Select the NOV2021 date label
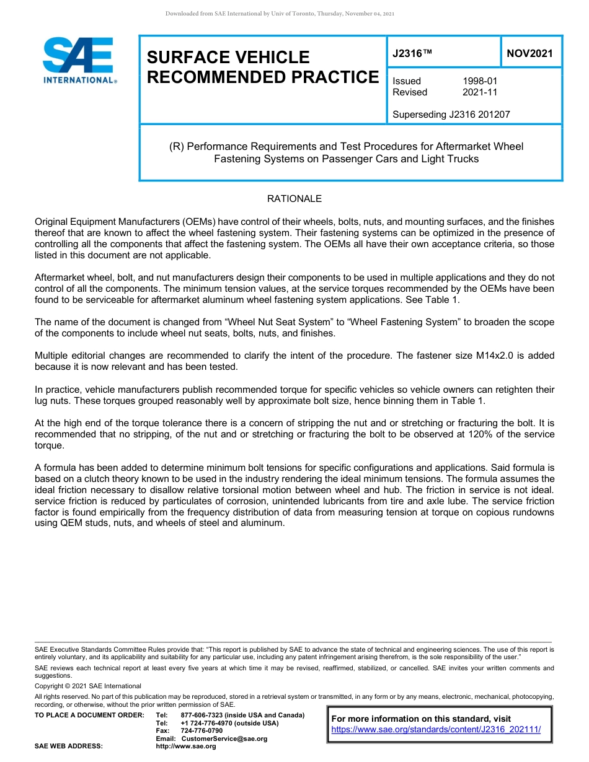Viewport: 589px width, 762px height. click(529, 54)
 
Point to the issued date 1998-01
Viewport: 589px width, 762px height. click(480, 81)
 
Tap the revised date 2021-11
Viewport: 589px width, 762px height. click(480, 92)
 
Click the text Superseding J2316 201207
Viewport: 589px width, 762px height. click(451, 114)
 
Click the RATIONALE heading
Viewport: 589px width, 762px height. click(294, 199)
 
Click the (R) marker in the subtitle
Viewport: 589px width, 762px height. click(177, 147)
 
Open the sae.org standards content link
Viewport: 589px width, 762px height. click(436, 730)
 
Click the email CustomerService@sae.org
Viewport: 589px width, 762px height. click(224, 738)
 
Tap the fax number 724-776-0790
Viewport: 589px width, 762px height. click(201, 731)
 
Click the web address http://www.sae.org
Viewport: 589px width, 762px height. click(185, 747)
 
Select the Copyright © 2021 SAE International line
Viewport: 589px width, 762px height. click(88, 686)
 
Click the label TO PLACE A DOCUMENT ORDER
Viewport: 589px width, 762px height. click(89, 715)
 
